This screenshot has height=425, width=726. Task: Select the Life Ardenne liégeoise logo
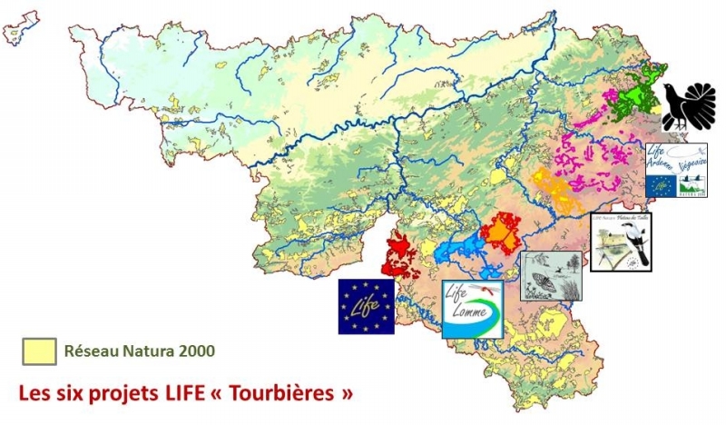(677, 170)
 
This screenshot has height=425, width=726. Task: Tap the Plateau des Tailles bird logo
(621, 242)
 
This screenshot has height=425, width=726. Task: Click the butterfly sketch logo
(551, 276)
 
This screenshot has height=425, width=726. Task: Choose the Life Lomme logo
(472, 309)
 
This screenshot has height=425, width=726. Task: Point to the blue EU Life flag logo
(367, 305)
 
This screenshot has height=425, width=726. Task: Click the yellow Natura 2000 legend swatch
(39, 351)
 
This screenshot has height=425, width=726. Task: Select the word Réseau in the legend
(89, 351)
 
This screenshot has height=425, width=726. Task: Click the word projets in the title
(122, 394)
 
